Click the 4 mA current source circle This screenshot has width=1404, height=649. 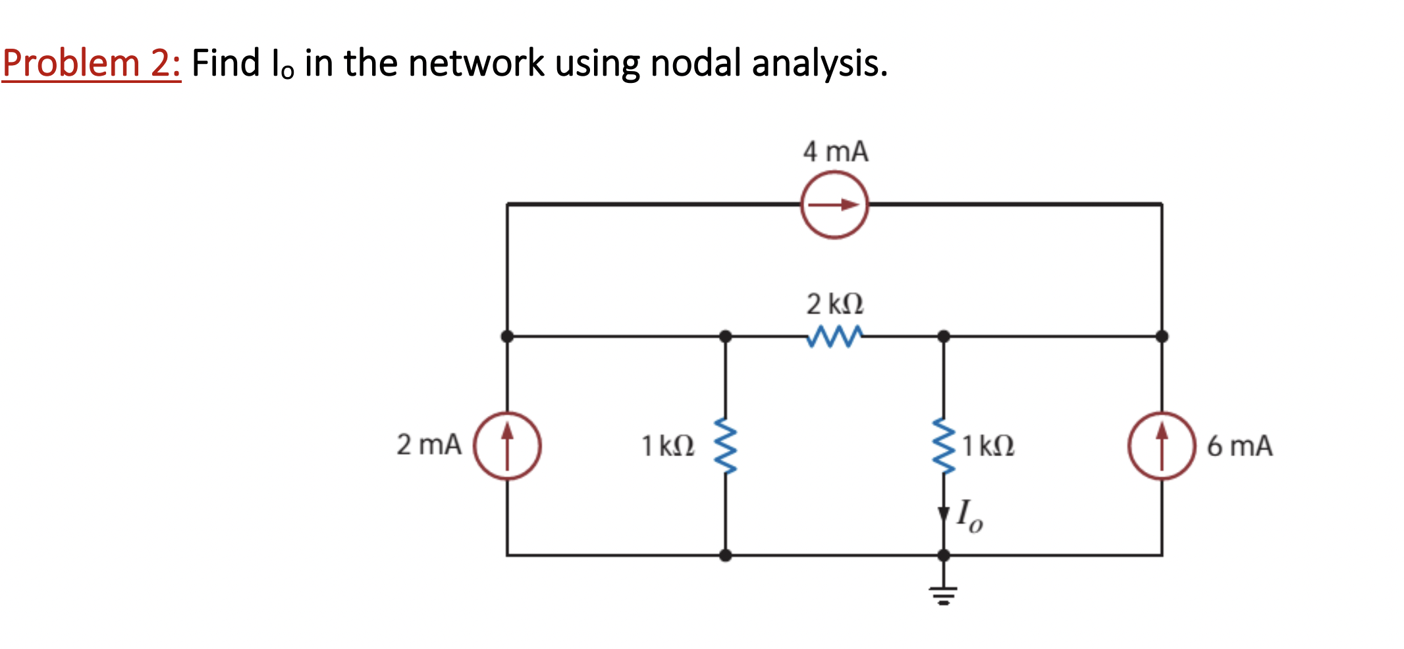click(834, 205)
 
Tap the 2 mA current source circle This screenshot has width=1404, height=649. click(507, 446)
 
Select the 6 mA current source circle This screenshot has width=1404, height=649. click(1162, 446)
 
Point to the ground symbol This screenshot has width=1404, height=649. click(943, 594)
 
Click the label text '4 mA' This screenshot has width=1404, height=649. click(835, 151)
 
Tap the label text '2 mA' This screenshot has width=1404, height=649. click(429, 444)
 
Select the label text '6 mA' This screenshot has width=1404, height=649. click(1239, 446)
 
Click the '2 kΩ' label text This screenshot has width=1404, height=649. click(835, 304)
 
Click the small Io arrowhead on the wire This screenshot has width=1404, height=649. click(943, 514)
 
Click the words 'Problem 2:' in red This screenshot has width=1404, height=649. click(91, 63)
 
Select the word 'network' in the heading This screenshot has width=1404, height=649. click(476, 63)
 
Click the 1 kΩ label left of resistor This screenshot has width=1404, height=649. click(668, 446)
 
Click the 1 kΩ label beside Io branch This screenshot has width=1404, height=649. click(988, 446)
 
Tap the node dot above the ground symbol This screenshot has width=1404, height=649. click(943, 555)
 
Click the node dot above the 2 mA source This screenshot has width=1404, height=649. click(507, 336)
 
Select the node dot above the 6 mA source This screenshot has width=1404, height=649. click(1162, 336)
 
